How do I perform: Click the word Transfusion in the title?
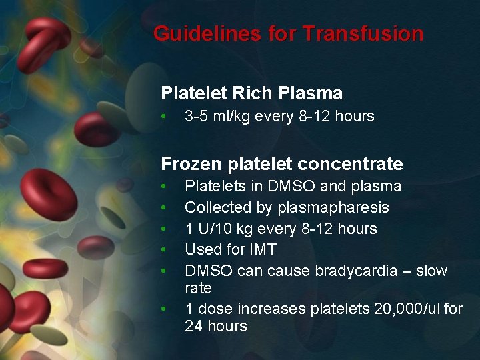363,33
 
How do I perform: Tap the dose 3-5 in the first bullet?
197,116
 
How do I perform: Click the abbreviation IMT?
263,250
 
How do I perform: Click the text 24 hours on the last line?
216,326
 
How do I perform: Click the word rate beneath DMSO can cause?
198,288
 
